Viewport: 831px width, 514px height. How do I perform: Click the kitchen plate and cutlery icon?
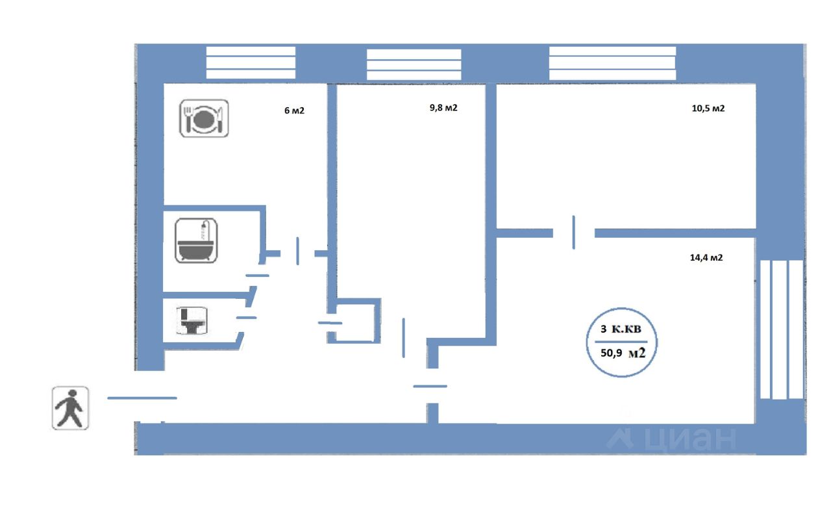pos(203,118)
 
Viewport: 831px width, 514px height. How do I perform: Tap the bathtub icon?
pos(197,240)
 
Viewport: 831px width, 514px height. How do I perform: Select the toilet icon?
pos(192,321)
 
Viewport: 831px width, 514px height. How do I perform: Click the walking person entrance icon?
pos(70,407)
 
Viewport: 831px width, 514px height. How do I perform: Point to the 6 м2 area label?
pos(294,110)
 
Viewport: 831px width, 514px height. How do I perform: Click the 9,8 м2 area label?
pos(443,108)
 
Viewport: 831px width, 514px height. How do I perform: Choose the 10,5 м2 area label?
pos(708,109)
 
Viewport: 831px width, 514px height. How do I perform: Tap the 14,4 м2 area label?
pos(706,257)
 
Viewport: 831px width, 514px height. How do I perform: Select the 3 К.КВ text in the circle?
pos(621,329)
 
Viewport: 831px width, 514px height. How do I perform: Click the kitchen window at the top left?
pos(251,62)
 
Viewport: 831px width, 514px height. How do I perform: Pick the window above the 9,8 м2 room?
pos(414,64)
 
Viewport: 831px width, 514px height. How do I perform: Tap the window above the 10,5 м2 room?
pos(612,62)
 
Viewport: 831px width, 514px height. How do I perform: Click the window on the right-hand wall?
pos(782,329)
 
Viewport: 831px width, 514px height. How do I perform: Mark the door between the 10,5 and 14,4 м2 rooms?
pos(574,232)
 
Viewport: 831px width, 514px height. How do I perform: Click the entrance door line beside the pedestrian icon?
pos(142,398)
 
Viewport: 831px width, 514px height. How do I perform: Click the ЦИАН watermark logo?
pos(672,439)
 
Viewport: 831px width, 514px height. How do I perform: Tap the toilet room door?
pos(246,317)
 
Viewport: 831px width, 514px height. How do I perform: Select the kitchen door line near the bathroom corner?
pos(298,251)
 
